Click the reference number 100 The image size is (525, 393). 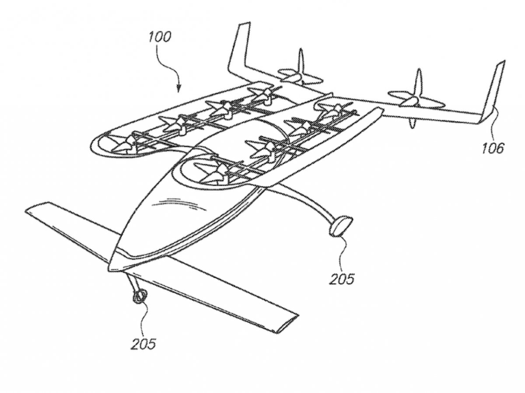[158, 37]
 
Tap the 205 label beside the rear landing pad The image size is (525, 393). [343, 278]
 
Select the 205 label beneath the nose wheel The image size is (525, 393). [143, 344]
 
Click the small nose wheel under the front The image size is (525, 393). [139, 296]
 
